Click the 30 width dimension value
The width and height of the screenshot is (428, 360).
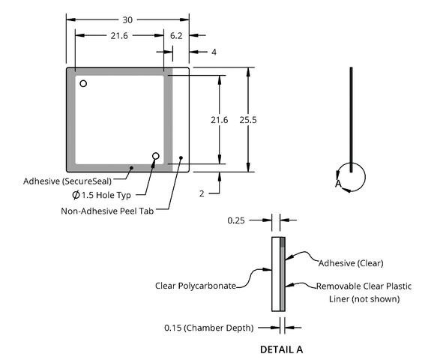click(127, 20)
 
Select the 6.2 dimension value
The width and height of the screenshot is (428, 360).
click(176, 36)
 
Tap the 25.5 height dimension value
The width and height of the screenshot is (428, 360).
click(248, 120)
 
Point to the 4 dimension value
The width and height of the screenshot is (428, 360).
click(214, 52)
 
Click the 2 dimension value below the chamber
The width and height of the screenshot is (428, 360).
click(202, 193)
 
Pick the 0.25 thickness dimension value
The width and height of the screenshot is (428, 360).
click(236, 220)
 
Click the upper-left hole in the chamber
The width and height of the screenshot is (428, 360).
click(83, 83)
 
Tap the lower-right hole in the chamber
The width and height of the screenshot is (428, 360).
click(156, 156)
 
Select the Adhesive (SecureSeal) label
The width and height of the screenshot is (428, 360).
click(67, 181)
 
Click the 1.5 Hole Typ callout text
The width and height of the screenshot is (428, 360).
click(106, 195)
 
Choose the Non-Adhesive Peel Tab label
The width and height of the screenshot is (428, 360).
click(107, 211)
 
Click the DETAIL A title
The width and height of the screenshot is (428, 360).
click(281, 349)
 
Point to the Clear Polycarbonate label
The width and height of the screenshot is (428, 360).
click(196, 286)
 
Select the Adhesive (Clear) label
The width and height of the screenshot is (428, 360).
click(351, 263)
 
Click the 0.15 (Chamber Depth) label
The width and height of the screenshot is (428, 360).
click(209, 328)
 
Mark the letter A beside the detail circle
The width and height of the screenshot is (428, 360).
click(338, 184)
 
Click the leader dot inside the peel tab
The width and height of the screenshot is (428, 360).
click(181, 157)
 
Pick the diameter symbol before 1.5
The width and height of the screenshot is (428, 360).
click(76, 195)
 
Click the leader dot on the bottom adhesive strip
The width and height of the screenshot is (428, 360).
click(131, 168)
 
